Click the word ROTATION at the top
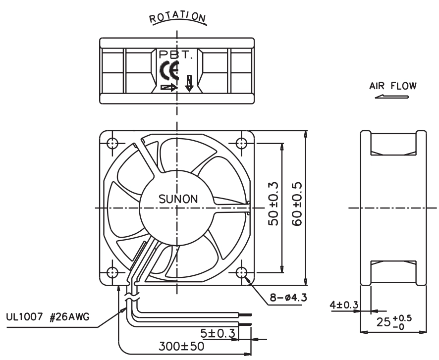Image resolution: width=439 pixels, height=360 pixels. [177, 17]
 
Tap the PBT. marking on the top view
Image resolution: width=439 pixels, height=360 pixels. [176, 54]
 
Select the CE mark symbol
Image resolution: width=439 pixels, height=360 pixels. [169, 70]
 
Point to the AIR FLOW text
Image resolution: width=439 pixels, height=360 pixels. [393, 86]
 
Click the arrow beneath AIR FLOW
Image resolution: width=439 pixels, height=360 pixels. [392, 97]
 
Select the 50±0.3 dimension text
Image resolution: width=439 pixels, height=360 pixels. [273, 204]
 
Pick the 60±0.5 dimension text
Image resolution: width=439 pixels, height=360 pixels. [297, 204]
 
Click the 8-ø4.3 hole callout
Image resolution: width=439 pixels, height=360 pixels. [288, 297]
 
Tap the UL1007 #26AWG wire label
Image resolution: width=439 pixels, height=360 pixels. [48, 317]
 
